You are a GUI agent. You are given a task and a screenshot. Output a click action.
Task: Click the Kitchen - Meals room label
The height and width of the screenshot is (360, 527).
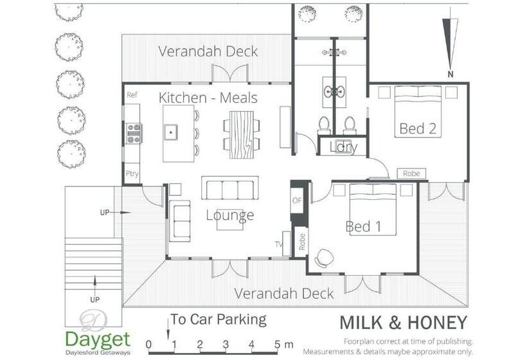(208, 98)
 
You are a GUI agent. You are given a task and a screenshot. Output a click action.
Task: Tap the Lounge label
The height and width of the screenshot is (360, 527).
(230, 215)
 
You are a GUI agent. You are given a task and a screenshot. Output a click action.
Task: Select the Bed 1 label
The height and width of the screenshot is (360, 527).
(363, 226)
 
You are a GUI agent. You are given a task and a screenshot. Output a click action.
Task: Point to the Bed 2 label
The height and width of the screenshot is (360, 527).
(418, 129)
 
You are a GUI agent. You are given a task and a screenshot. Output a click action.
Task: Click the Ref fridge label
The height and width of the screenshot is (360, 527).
(132, 94)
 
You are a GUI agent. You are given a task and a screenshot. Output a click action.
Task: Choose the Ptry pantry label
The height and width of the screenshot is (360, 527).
(132, 174)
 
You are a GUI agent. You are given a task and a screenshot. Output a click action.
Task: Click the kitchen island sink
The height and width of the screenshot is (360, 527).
(171, 132)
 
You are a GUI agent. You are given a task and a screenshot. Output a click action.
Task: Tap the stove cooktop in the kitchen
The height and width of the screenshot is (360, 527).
(134, 134)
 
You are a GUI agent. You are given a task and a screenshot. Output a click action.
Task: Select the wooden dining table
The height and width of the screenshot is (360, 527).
(242, 134)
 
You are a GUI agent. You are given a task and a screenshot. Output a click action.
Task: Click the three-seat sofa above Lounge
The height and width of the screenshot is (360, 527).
(230, 188)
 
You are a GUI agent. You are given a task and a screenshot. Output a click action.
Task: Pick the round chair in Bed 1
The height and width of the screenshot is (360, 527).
(325, 258)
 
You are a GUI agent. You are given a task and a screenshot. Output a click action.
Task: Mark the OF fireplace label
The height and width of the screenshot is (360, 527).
(297, 201)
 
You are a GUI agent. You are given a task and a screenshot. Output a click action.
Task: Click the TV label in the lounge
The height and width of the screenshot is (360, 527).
(279, 244)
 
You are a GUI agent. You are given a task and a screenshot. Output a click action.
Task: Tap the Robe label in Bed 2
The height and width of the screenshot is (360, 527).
(411, 174)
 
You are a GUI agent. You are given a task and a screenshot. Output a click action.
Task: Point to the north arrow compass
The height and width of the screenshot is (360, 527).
(451, 44)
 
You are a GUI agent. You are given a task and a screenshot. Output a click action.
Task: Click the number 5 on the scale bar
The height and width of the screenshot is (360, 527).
(277, 344)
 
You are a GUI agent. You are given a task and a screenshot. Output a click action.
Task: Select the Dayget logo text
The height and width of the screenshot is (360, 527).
(98, 340)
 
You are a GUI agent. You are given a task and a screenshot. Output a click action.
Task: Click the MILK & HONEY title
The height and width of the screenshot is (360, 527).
(404, 322)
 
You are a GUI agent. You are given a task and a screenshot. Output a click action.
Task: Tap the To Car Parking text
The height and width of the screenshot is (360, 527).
(219, 319)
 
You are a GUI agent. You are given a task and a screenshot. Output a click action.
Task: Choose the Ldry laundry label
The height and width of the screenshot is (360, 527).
(343, 147)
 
